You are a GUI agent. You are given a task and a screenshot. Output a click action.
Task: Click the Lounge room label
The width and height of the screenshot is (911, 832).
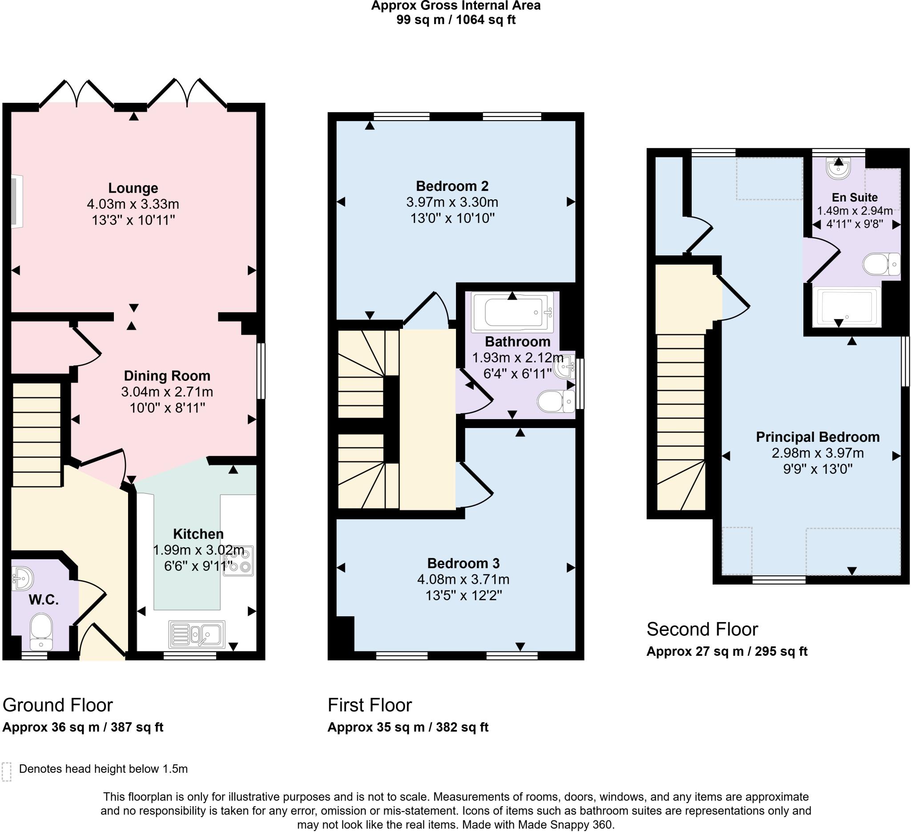pyautogui.click(x=133, y=188)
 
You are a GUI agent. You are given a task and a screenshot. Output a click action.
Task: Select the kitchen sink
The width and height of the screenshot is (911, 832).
pyautogui.click(x=197, y=634)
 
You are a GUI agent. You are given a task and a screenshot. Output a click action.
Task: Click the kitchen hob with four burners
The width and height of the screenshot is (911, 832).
pyautogui.click(x=238, y=561)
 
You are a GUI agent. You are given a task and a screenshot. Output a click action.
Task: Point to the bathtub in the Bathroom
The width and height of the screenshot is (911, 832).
pyautogui.click(x=512, y=312)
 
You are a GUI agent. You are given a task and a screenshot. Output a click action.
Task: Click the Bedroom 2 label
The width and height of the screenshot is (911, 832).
pyautogui.click(x=452, y=186)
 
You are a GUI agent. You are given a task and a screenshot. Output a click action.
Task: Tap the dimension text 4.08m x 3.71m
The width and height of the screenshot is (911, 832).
pyautogui.click(x=463, y=579)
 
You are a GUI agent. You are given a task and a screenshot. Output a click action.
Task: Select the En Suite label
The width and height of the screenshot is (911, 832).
pyautogui.click(x=855, y=198)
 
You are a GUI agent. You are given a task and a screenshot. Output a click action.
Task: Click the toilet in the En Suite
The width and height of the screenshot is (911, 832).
pyautogui.click(x=880, y=264)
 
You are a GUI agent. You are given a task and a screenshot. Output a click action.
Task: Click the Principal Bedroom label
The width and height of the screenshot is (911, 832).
pyautogui.click(x=818, y=437)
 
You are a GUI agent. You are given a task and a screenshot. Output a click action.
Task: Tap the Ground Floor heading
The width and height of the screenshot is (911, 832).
pyautogui.click(x=57, y=705)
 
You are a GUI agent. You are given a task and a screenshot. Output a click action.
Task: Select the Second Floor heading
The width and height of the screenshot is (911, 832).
pyautogui.click(x=702, y=629)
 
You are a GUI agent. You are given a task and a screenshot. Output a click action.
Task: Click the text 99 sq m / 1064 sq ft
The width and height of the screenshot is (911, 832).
pyautogui.click(x=455, y=20)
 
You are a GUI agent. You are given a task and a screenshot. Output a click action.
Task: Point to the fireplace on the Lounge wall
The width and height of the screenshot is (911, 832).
pyautogui.click(x=17, y=202)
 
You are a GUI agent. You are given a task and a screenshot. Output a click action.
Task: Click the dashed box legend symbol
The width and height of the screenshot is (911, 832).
pyautogui.click(x=6, y=771)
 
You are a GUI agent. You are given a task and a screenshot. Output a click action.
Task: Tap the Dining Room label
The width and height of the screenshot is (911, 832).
pyautogui.click(x=167, y=376)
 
